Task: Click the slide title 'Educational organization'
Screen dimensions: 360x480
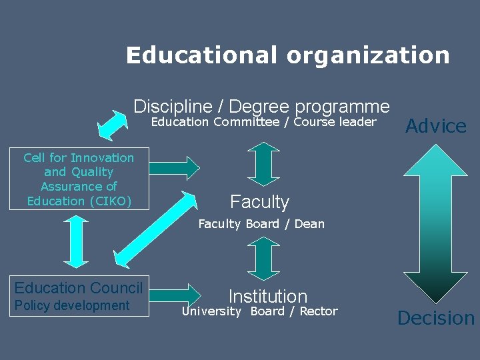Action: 287,55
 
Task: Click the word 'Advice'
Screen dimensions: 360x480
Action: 436,126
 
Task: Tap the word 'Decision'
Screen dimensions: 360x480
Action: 436,318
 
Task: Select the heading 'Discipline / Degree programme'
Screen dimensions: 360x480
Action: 261,106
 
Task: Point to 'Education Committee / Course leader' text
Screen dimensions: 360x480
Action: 263,122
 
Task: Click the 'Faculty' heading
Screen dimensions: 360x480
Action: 259,201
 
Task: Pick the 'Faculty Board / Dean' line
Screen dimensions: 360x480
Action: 261,224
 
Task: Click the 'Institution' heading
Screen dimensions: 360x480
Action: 267,296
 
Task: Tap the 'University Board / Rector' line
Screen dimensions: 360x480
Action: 260,311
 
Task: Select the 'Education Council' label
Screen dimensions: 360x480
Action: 79,288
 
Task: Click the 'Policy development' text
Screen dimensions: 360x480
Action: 72,305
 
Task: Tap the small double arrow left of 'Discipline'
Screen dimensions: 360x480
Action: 113,123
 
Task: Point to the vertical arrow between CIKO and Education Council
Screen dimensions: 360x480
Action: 79,242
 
